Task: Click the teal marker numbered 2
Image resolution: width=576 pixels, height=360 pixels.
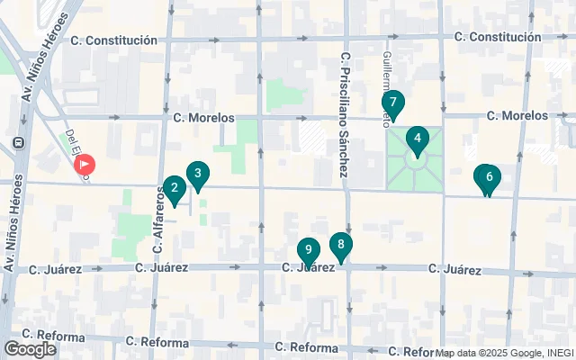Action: coord(174,189)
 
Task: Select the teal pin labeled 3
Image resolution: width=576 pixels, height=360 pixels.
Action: coord(198,174)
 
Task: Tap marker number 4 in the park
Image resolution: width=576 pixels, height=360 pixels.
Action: coord(416,139)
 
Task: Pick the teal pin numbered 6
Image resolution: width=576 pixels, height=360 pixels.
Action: coord(488,177)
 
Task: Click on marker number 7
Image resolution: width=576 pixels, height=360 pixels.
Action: coord(393,103)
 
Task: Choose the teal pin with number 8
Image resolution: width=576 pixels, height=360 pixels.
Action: coord(340,244)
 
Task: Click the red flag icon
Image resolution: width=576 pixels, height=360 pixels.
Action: coord(85,165)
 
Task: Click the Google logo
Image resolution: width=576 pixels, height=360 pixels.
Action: coord(30,349)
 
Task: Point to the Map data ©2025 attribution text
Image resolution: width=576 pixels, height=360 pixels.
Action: coord(504,353)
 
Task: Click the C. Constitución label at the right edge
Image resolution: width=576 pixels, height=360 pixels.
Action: coord(498,37)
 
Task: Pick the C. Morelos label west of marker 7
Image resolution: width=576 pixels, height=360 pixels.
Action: coord(203,118)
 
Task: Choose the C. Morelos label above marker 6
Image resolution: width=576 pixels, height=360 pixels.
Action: coord(517,116)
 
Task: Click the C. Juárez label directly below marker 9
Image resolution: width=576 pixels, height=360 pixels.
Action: coord(309,268)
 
